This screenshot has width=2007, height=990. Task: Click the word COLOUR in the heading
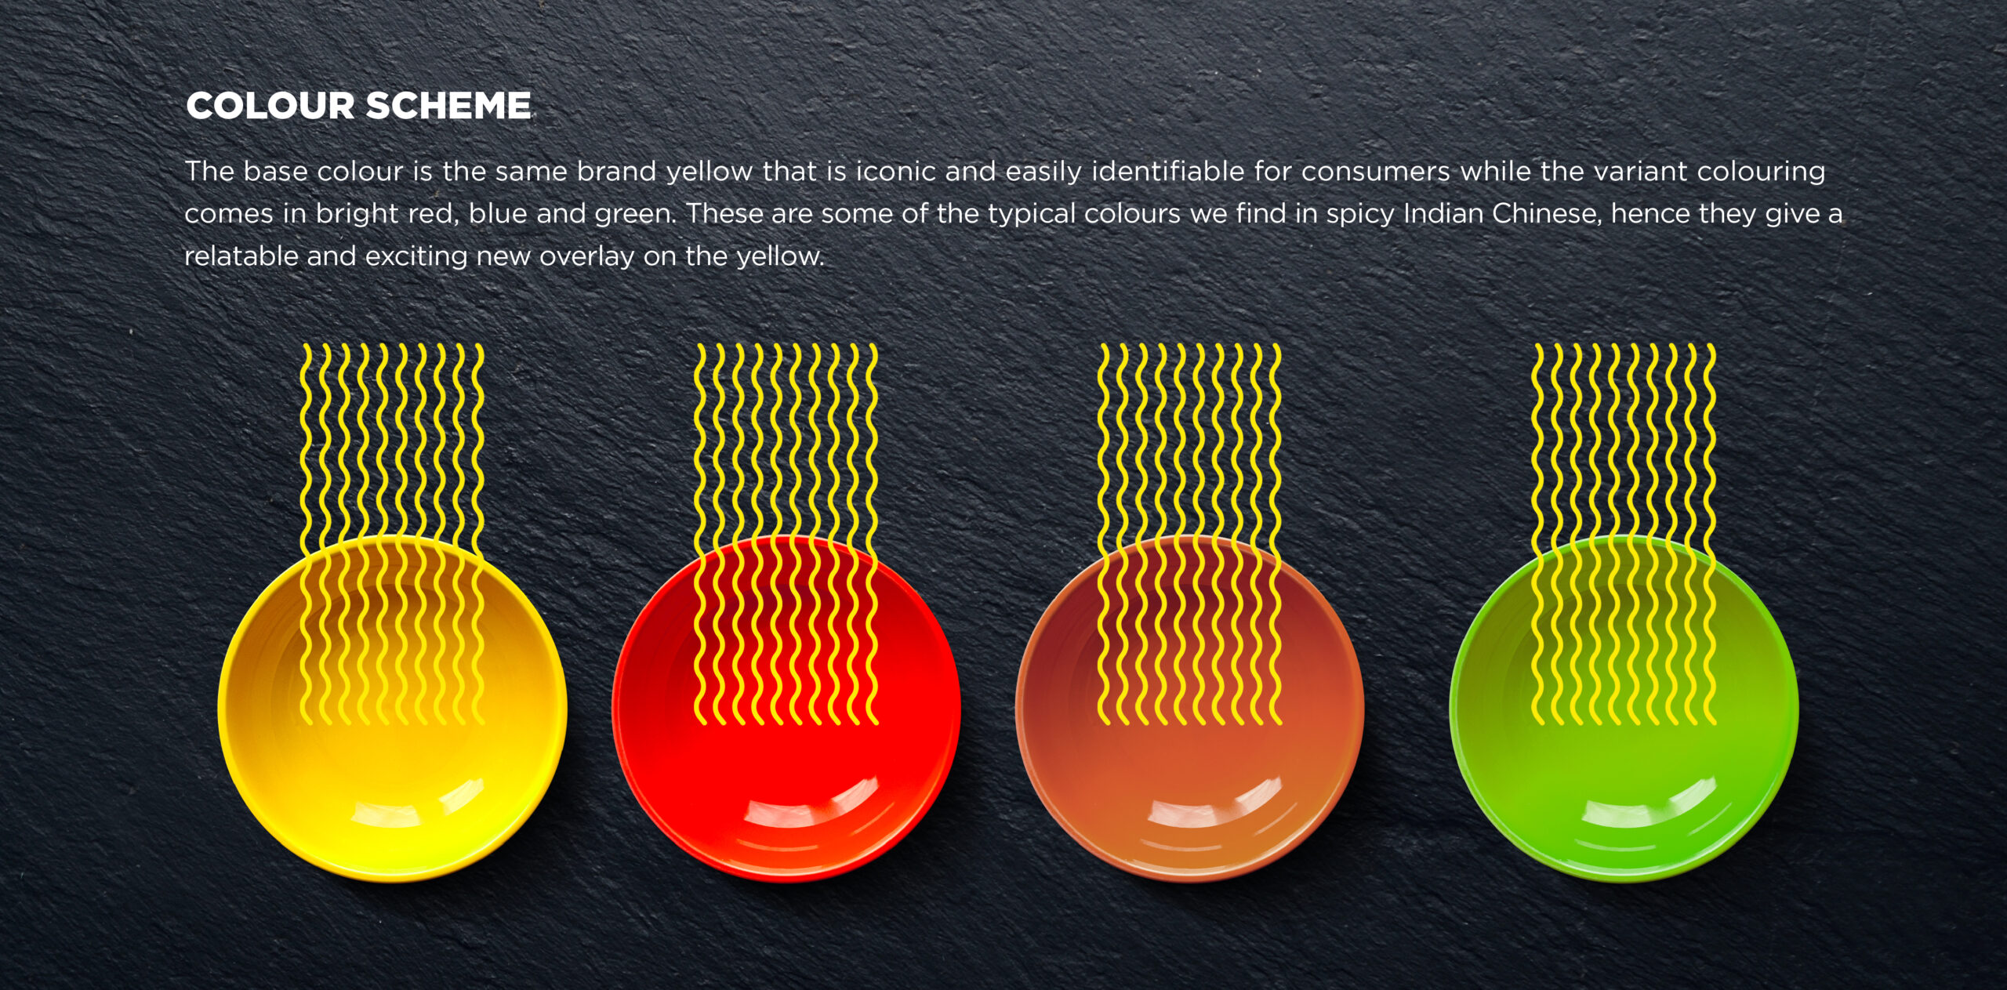pyautogui.click(x=270, y=106)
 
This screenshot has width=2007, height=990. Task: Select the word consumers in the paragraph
pyautogui.click(x=1375, y=171)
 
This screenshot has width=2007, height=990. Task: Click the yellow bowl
pyautogui.click(x=392, y=709)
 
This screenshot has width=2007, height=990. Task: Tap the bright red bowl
pyautogui.click(x=786, y=709)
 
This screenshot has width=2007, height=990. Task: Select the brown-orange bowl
pyautogui.click(x=1190, y=709)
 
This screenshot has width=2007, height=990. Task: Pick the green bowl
pyautogui.click(x=1624, y=709)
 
